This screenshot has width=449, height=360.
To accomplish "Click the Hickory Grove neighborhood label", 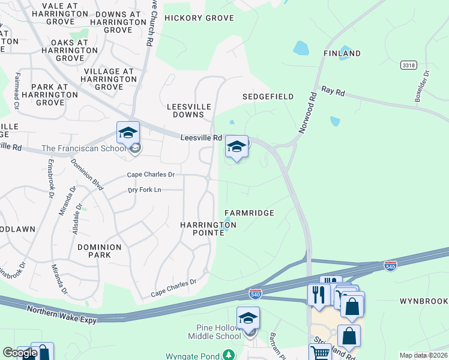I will click(x=199, y=18).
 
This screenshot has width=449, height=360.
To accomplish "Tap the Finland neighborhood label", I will click(x=342, y=53).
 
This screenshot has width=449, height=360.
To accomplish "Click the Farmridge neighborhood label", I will click(x=249, y=213).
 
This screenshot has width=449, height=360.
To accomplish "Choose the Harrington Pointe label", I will click(x=208, y=229).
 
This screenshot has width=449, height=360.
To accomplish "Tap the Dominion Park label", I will click(x=99, y=251).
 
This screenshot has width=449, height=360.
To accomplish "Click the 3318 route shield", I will click(x=408, y=64).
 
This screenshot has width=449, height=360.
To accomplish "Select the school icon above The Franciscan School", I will click(x=128, y=133).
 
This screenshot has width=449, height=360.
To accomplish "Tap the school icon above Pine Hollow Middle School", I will click(x=248, y=318).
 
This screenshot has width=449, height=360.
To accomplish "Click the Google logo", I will click(x=20, y=353).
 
